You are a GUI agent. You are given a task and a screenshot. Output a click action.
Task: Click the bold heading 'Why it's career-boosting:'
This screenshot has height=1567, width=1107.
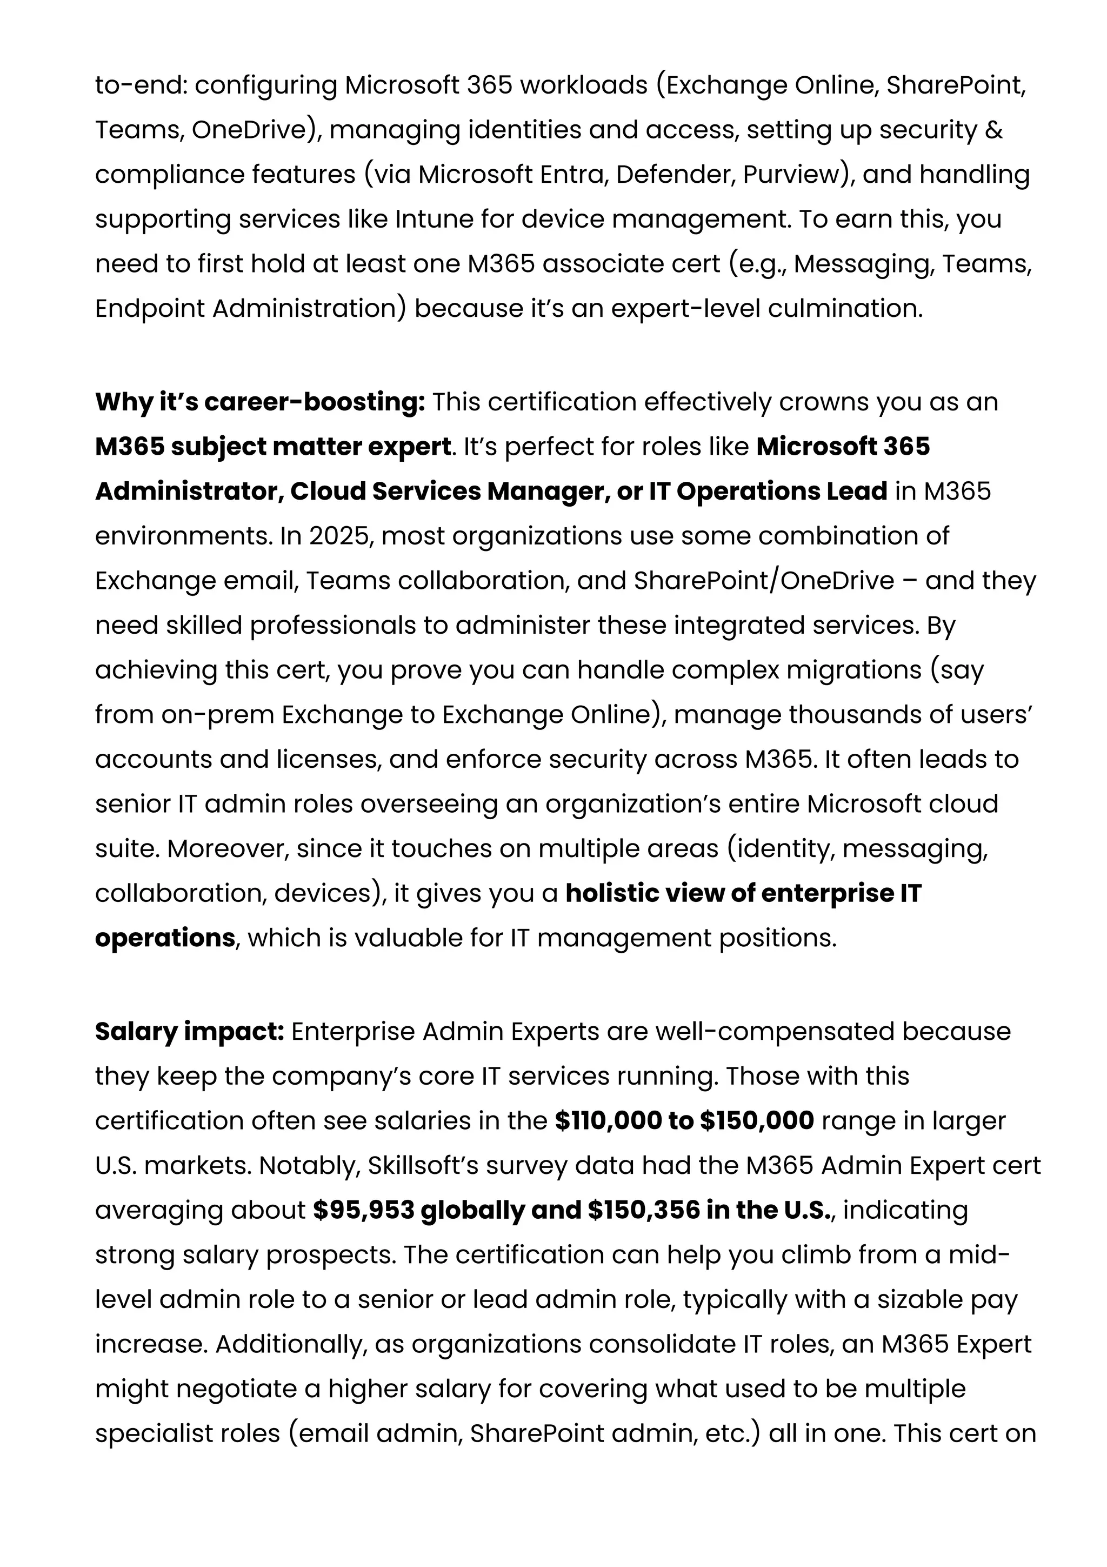[260, 402]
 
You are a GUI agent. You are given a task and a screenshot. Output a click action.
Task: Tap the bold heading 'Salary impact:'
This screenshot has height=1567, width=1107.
[190, 1031]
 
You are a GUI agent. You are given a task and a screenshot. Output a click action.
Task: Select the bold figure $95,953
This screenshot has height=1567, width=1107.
[364, 1210]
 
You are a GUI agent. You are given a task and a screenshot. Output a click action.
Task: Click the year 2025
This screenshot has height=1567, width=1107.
[337, 536]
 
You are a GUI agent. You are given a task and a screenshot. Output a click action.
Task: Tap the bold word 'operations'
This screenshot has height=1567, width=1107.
[165, 938]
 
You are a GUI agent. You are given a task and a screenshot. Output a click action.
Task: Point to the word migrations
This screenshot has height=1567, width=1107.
[854, 669]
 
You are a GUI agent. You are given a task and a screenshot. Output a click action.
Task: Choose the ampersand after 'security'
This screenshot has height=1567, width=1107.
[995, 130]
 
